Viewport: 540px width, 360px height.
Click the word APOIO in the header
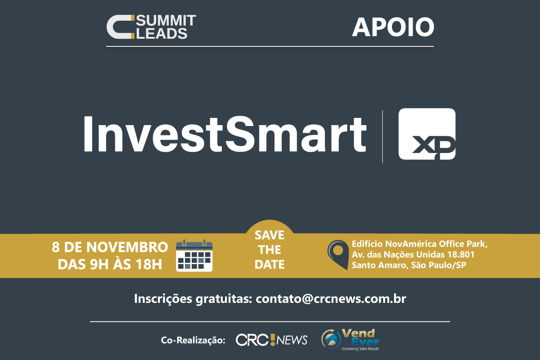(393, 27)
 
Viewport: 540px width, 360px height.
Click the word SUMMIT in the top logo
(166, 21)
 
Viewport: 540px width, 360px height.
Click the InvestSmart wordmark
(225, 135)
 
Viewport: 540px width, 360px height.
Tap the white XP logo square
(427, 134)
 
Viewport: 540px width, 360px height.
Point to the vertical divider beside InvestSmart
(382, 136)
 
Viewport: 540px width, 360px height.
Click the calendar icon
(194, 256)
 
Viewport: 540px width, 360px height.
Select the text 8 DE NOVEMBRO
(110, 247)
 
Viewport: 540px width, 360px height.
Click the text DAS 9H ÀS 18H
(110, 264)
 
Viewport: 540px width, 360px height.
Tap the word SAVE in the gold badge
(270, 235)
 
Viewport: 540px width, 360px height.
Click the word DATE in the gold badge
(270, 265)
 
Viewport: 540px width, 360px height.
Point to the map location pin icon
(338, 255)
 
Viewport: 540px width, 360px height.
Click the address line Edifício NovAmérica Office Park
(419, 244)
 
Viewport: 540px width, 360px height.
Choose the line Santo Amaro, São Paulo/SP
(409, 265)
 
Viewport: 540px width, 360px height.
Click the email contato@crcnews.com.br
(331, 299)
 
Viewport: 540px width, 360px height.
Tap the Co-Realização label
(193, 340)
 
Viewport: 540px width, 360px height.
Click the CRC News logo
(271, 340)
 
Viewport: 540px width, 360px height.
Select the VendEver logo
(350, 340)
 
